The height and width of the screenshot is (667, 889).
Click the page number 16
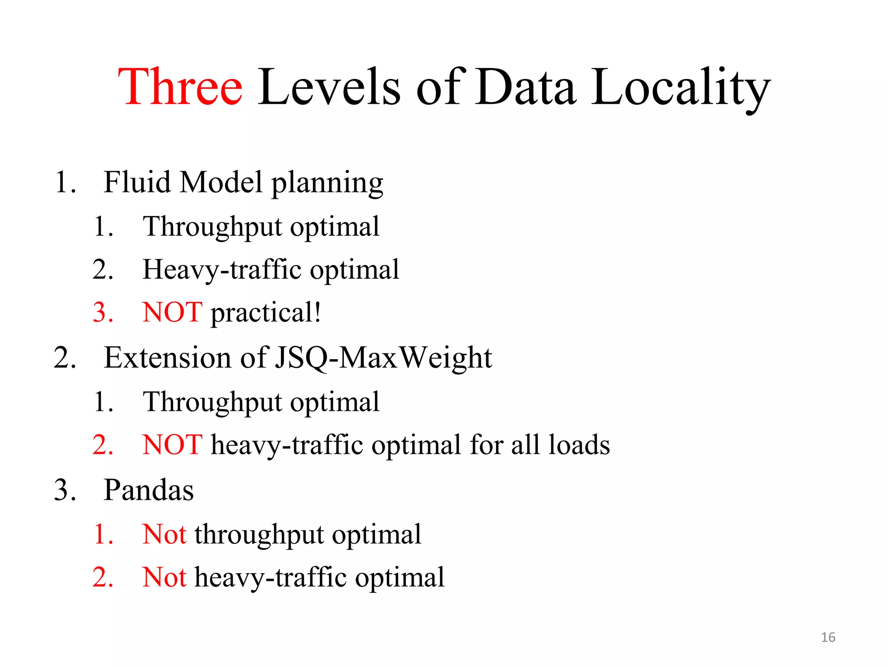point(828,637)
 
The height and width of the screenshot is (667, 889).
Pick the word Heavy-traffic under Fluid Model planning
point(222,270)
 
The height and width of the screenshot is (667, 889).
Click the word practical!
point(266,313)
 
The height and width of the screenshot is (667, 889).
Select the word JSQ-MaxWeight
point(384,358)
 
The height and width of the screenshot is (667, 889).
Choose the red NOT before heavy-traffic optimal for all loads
point(172,445)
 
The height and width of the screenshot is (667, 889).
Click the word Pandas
point(148,490)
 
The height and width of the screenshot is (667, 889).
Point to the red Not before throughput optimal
point(164,534)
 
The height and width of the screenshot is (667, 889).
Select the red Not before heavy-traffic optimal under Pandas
point(164,578)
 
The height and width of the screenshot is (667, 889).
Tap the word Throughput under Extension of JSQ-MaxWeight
point(212,402)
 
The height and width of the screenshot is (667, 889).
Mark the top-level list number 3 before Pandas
point(65,490)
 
